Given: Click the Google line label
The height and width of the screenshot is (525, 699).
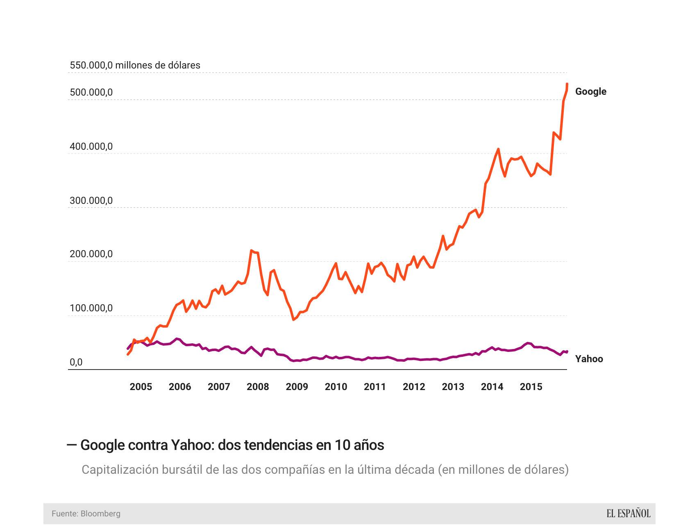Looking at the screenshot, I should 590,91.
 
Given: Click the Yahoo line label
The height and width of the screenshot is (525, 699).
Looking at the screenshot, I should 589,359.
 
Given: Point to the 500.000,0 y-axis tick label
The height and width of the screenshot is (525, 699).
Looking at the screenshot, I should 91,93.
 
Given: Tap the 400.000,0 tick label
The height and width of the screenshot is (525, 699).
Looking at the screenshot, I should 91,146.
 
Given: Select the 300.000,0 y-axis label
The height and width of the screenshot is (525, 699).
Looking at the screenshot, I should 91,201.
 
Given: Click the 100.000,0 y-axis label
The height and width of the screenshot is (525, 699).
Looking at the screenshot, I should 91,308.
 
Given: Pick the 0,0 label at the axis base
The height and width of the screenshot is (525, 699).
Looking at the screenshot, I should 76,362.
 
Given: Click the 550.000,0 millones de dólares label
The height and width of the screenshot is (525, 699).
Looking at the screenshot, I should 135,65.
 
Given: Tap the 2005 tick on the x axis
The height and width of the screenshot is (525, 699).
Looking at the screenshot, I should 141,387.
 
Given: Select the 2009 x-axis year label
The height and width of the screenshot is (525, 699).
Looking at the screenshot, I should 297,387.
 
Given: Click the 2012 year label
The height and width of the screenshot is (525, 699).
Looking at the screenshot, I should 414,387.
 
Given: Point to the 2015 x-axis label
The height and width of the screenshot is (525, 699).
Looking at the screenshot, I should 531,387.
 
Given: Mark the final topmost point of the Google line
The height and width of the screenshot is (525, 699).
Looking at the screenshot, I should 567,84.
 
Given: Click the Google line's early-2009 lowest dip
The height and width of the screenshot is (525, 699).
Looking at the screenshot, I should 293,320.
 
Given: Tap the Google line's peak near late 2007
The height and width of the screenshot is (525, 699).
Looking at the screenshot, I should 251,250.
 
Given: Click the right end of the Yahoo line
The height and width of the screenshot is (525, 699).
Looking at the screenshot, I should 567,352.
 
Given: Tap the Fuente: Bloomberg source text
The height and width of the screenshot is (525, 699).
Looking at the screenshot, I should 86,514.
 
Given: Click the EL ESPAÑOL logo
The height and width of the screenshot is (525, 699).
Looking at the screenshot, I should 628,514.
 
